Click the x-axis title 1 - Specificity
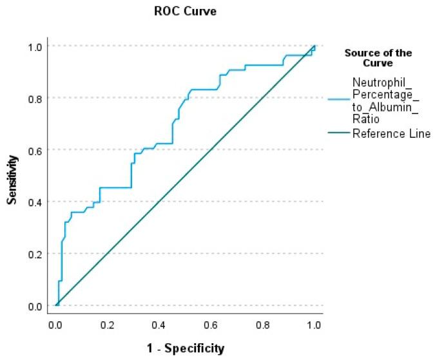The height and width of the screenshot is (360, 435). tap(186, 348)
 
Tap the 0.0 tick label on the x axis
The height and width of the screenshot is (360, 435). tap(56, 325)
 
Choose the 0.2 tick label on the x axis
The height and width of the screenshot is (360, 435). tap(108, 325)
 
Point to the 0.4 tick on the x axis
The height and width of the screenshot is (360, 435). tap(159, 325)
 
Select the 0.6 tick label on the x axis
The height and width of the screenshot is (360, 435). tap(211, 325)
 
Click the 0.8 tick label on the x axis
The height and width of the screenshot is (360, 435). tap(262, 325)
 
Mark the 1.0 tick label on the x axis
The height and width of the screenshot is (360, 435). tap(314, 325)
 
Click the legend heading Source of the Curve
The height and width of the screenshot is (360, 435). tap(378, 58)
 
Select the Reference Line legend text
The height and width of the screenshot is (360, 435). tap(391, 133)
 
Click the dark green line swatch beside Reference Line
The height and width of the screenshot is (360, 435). tap(338, 133)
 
